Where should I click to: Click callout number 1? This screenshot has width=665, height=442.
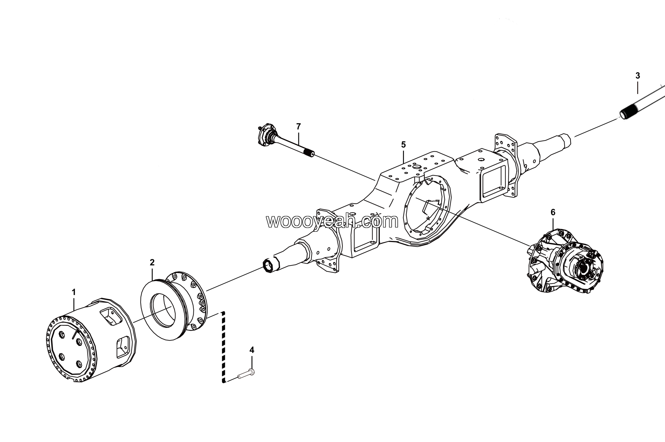(74, 292)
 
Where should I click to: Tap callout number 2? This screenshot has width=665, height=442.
(152, 263)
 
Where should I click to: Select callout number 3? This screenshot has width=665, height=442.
(638, 76)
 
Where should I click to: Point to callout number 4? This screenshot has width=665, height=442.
(252, 350)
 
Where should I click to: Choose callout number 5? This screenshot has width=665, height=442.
(403, 145)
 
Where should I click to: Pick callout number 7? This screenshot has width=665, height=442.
(298, 127)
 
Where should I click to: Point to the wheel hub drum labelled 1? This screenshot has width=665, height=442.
(90, 341)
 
